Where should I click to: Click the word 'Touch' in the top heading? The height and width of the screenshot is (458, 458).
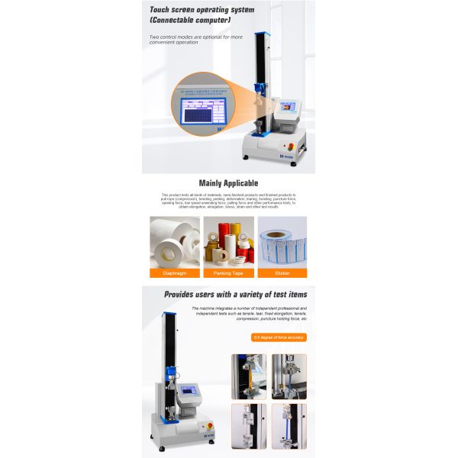[x=161, y=9]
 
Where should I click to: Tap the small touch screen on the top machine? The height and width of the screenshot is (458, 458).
[x=289, y=108]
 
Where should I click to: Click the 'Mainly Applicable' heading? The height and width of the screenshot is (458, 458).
[x=228, y=183]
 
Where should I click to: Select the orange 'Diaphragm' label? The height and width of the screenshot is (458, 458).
[x=174, y=273]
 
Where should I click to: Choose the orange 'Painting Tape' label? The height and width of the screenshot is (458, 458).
[x=228, y=273]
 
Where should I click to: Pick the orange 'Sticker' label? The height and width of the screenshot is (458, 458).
[x=282, y=273]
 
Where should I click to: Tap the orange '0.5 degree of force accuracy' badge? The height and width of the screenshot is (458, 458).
[x=279, y=337]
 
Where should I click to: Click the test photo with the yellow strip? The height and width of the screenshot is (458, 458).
[x=248, y=376]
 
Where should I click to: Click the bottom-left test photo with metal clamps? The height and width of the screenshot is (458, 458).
[x=248, y=425]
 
